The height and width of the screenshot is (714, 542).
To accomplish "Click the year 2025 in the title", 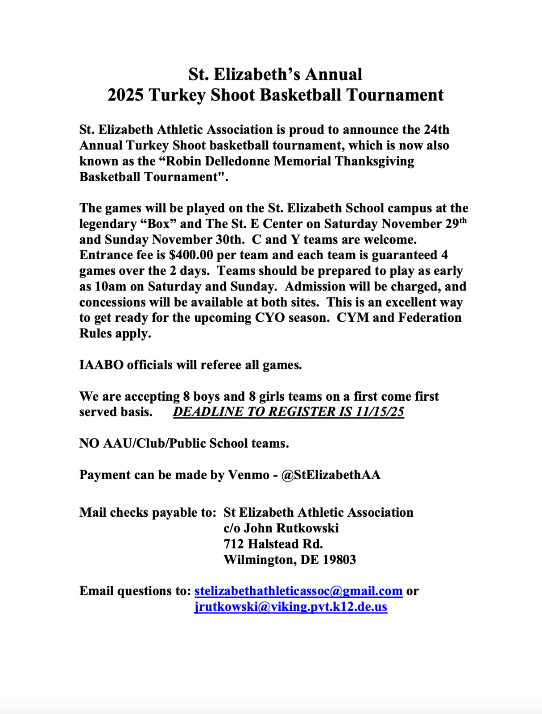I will (125, 95).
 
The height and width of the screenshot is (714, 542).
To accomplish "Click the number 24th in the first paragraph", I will (436, 129).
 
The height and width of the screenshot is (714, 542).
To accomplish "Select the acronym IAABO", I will (101, 365).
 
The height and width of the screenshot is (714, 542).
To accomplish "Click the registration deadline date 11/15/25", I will (380, 411).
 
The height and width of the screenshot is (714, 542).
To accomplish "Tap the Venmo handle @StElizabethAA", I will (331, 475).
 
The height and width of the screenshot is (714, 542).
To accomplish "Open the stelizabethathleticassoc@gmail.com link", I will (298, 591).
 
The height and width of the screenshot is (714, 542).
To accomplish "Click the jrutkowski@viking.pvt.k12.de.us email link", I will (290, 607).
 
